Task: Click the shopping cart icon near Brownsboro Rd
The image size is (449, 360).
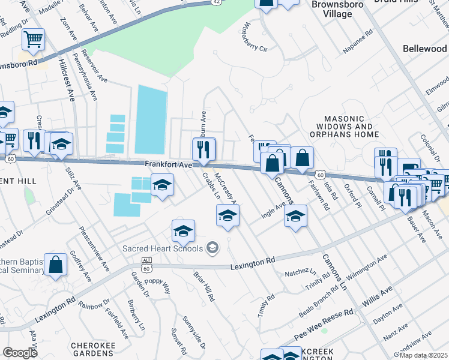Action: coord(34,40)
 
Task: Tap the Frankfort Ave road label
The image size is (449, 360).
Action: coord(167,164)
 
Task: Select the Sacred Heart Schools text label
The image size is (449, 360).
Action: coord(162,247)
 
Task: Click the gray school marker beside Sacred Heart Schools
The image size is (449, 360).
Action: coord(211,247)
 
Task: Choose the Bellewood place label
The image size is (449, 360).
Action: coord(425,48)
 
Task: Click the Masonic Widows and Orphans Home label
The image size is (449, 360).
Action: coord(348,127)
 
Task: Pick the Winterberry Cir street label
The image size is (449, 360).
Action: coord(253,37)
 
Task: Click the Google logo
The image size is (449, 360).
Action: coord(20,353)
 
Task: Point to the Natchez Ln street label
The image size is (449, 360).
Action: coord(300,273)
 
